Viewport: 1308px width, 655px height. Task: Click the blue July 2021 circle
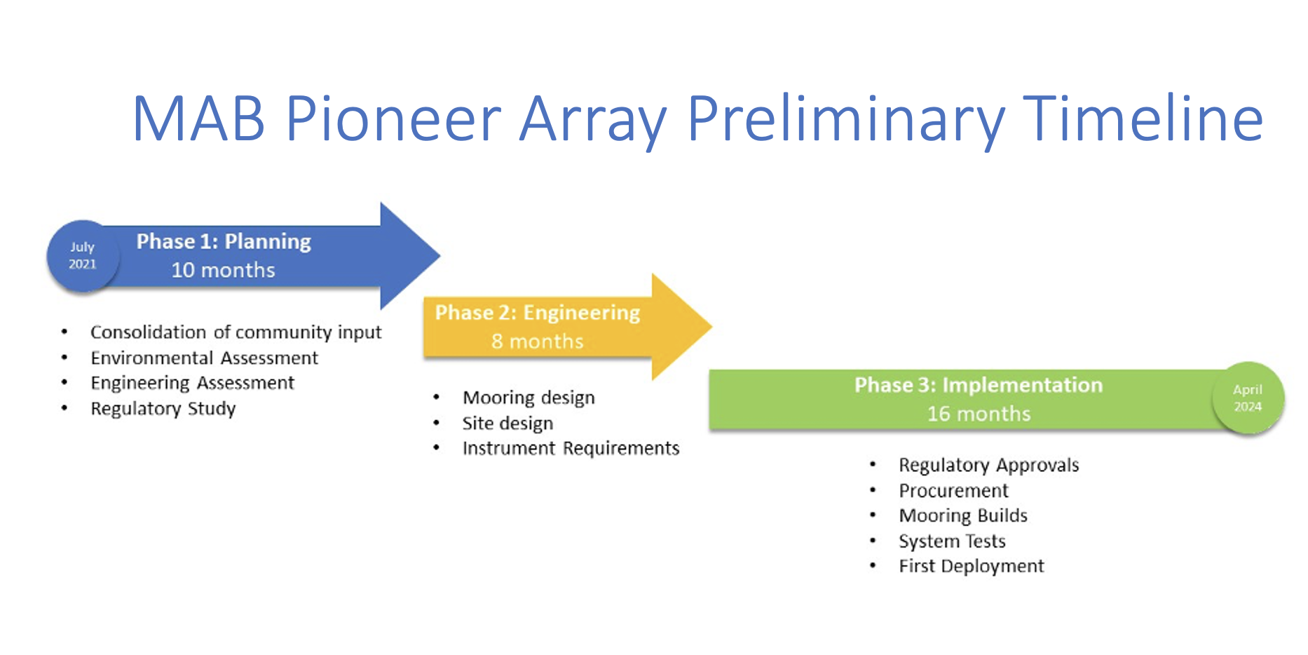coord(83,256)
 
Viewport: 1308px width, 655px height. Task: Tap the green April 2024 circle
coord(1248,398)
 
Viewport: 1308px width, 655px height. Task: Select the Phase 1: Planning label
coord(224,241)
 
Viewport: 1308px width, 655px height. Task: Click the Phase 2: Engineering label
coord(538,312)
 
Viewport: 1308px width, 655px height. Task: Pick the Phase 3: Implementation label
coord(979,384)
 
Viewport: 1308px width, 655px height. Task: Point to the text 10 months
coord(224,270)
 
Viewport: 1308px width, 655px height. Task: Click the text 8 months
coord(538,342)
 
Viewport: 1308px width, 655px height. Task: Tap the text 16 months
coord(979,414)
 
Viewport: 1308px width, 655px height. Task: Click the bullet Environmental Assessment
coord(204,358)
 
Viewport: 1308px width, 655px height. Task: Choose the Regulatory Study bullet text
coord(163,408)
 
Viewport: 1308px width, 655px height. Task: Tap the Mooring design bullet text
coord(529,398)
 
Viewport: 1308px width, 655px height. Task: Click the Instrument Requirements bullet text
coord(571,448)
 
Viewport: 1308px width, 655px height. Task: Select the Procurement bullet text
coord(953,490)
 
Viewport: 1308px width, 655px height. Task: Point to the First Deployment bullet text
coord(972,566)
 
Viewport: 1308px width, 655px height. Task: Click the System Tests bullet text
coord(952,541)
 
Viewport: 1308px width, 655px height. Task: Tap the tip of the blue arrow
coord(440,255)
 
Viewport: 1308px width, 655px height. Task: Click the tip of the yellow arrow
coord(712,326)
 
